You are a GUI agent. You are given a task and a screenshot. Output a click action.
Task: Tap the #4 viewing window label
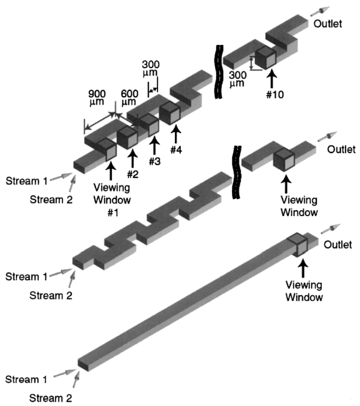tap(176, 150)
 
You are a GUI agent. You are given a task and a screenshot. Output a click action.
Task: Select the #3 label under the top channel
tap(154, 161)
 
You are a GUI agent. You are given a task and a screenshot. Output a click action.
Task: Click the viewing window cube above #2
tap(127, 136)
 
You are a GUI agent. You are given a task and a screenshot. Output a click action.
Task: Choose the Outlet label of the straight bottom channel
tap(337, 245)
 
